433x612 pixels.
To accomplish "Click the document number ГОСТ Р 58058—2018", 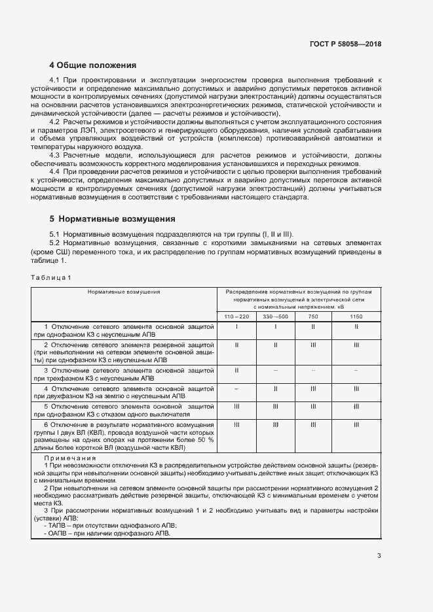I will tap(345, 44).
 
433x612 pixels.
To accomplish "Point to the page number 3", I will tap(379, 556).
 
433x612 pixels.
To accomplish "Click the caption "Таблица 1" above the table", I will tap(51, 277).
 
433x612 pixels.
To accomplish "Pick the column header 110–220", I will tap(236, 316).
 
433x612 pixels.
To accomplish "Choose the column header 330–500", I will tap(276, 316).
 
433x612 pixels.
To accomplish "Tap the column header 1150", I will tap(356, 316).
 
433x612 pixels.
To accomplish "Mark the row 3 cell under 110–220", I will tap(236, 370).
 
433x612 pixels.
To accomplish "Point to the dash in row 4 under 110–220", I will tap(236, 388).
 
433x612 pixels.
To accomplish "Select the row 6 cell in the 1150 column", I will tap(356, 424).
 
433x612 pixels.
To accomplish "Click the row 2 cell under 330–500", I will tap(276, 344).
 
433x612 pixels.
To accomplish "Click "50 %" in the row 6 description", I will tap(205, 440).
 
